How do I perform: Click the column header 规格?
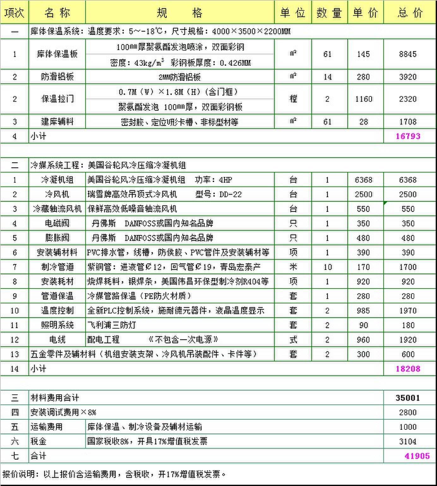(180, 13)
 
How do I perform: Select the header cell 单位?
(293, 13)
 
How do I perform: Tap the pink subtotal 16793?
(408, 136)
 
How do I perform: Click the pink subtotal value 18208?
(408, 369)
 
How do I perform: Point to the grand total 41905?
(417, 456)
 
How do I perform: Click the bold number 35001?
(408, 398)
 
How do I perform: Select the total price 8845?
(408, 54)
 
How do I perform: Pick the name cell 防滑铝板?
(57, 77)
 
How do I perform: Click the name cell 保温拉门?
(57, 99)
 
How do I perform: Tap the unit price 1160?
(363, 99)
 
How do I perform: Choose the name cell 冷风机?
(57, 194)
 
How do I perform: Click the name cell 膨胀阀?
(57, 238)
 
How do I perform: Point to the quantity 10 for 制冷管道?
(327, 267)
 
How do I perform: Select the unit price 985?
(363, 311)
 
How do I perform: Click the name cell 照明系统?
(57, 325)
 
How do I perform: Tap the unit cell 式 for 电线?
(293, 340)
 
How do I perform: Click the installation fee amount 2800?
(408, 412)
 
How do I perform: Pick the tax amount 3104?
(408, 441)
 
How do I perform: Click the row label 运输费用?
(46, 427)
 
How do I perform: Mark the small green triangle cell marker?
(385, 203)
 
